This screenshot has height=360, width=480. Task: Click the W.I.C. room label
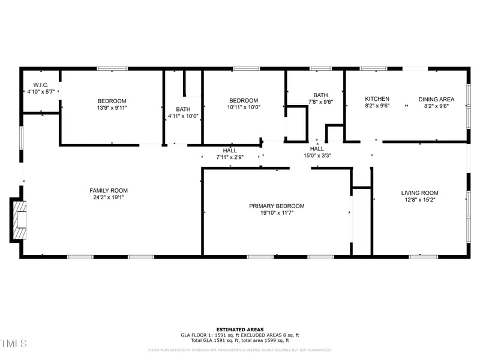click(41, 85)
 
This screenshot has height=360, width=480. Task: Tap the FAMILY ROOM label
click(109, 191)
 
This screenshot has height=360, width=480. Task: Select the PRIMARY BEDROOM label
click(277, 206)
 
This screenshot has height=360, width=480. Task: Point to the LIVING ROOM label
click(420, 193)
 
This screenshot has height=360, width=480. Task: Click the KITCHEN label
click(377, 99)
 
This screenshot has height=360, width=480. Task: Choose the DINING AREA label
click(436, 99)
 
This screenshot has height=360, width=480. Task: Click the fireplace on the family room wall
click(19, 220)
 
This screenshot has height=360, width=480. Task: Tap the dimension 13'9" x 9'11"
click(112, 108)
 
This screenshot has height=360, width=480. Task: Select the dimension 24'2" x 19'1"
click(109, 198)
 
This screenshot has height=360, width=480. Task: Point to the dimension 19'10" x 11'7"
click(277, 213)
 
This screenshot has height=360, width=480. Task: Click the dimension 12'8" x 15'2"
click(420, 200)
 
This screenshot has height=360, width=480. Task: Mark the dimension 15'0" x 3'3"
click(317, 156)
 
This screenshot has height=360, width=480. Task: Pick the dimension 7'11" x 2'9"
click(230, 157)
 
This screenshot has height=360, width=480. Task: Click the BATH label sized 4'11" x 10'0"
click(183, 109)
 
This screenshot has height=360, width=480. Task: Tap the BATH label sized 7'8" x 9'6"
click(320, 95)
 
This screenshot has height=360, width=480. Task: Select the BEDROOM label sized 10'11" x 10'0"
click(244, 101)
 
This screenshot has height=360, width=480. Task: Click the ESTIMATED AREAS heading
click(240, 329)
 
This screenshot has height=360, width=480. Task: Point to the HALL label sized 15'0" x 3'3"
click(317, 149)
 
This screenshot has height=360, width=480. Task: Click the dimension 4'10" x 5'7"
click(41, 92)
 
